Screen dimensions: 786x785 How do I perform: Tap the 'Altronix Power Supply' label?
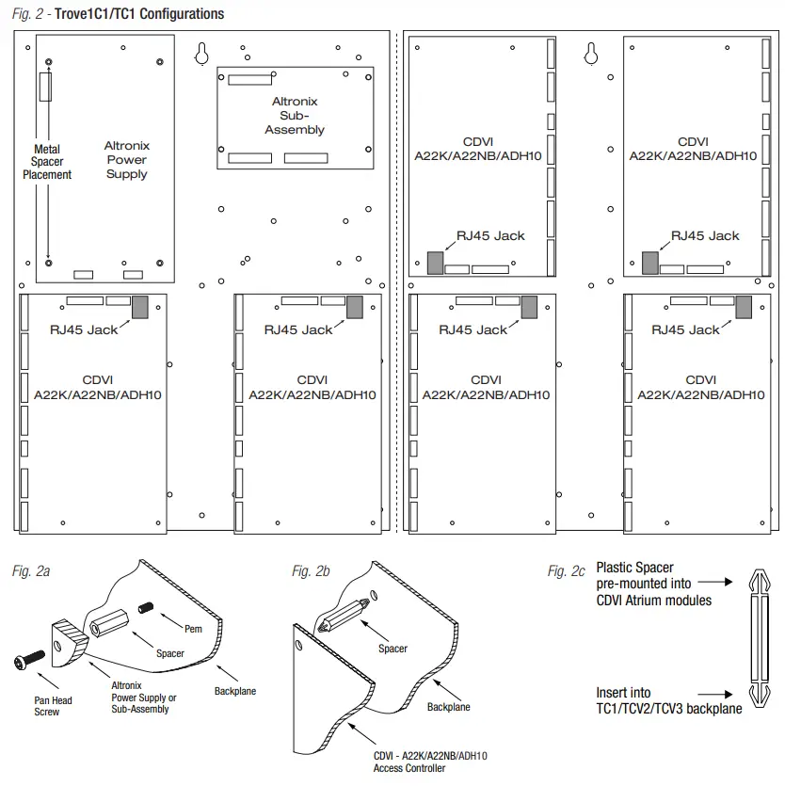coord(127,160)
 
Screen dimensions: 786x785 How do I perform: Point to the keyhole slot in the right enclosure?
coord(590,54)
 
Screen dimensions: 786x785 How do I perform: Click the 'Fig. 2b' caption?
coord(313,571)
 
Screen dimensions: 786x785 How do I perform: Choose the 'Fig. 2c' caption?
coord(567,571)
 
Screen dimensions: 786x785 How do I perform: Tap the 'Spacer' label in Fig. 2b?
coord(393,649)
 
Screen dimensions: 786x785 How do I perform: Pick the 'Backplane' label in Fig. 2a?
coord(234,691)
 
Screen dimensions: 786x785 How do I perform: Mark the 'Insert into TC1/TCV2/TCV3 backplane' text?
coord(668,700)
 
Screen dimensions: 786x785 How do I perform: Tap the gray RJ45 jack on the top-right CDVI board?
coord(650,262)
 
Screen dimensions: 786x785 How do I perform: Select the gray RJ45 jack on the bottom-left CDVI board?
coord(141,307)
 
